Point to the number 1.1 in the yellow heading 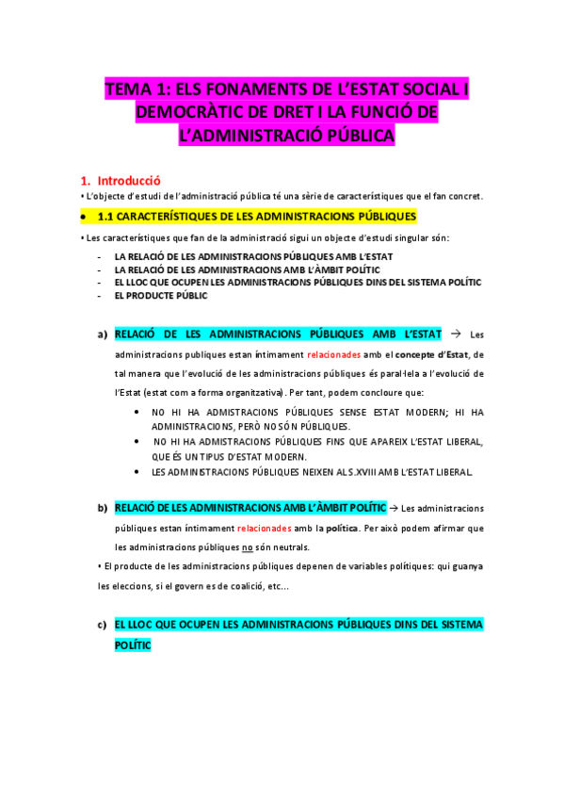[x=106, y=216]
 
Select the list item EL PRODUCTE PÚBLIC [x=161, y=295]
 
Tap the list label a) [x=102, y=334]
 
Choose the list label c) [x=102, y=625]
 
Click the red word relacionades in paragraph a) [x=334, y=354]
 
